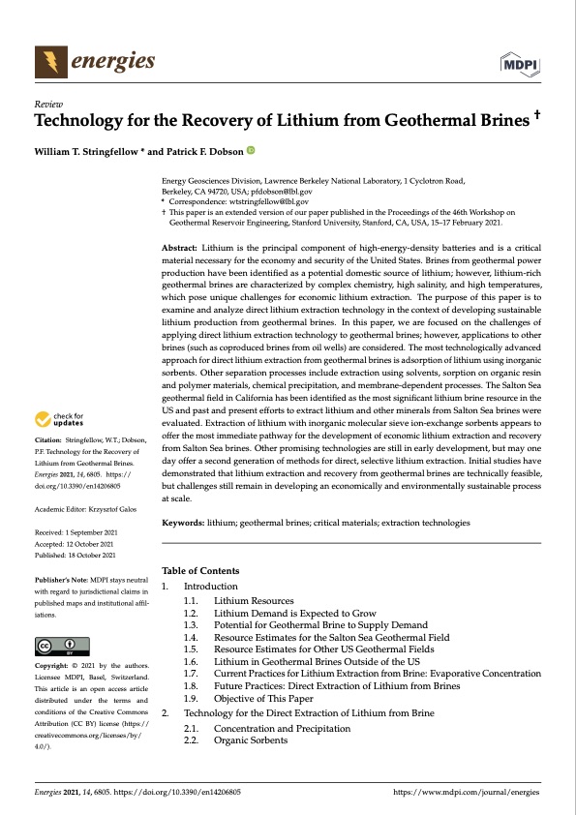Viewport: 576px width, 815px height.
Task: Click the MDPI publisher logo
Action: pyautogui.click(x=522, y=64)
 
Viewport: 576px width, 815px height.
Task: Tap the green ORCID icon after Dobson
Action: pyautogui.click(x=251, y=150)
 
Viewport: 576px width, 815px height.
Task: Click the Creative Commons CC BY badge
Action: pyautogui.click(x=62, y=646)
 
